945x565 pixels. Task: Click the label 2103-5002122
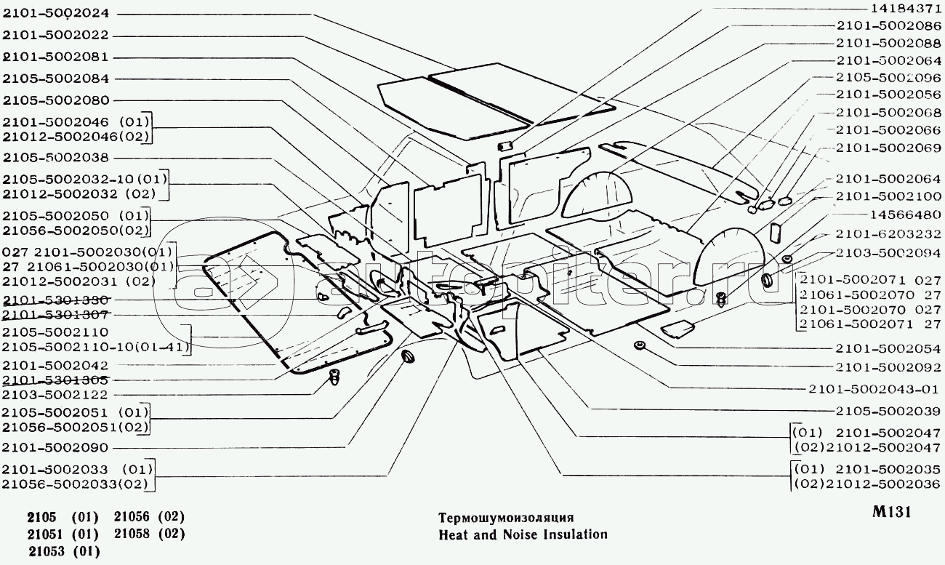[x=55, y=395]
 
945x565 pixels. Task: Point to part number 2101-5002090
[x=55, y=447]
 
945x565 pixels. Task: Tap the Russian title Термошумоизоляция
[x=506, y=518]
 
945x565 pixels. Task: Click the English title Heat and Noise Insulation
[x=523, y=534]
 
